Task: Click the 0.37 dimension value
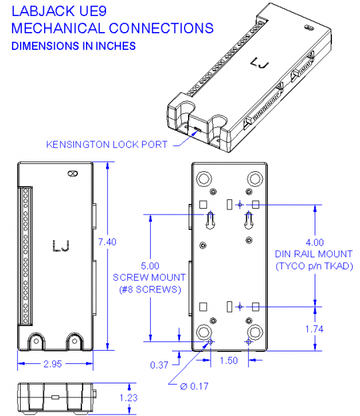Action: pos(159,365)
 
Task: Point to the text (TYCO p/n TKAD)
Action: pos(314,266)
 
